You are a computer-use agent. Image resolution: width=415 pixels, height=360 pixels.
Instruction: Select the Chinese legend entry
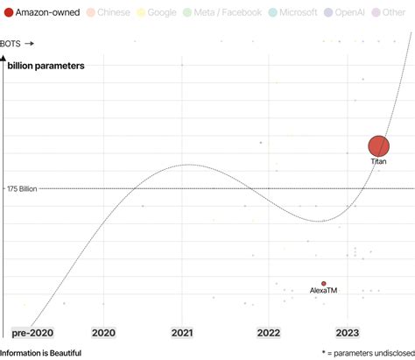tap(109, 13)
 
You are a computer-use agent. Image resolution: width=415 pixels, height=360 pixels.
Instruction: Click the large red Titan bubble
tap(378, 146)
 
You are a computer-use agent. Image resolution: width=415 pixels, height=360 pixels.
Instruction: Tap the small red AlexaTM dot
tap(324, 284)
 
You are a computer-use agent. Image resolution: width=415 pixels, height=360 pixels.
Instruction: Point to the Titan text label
tap(378, 162)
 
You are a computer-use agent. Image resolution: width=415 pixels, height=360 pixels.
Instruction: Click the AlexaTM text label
tap(324, 292)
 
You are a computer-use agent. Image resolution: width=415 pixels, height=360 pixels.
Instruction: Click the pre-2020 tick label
tap(32, 333)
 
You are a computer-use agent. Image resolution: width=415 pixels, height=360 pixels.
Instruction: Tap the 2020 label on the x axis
tap(103, 333)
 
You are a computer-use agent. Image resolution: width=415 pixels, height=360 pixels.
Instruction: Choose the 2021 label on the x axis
tap(182, 333)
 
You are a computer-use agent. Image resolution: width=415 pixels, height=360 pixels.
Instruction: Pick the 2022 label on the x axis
tap(268, 333)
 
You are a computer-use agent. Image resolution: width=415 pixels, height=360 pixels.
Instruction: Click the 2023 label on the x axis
tap(348, 333)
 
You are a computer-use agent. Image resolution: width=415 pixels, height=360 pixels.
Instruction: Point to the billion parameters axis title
tap(46, 67)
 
